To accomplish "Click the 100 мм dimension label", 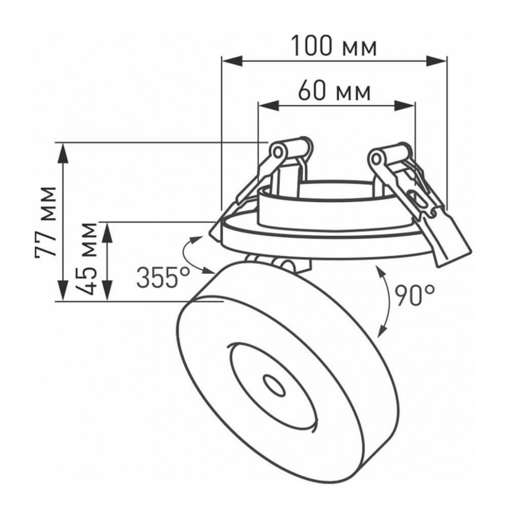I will (x=333, y=47).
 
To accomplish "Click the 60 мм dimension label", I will (x=335, y=91).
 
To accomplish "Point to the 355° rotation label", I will (x=163, y=278).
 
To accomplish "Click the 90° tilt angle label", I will (x=414, y=296).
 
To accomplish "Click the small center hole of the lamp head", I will (x=273, y=386).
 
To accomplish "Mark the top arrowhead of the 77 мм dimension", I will (x=63, y=151).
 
